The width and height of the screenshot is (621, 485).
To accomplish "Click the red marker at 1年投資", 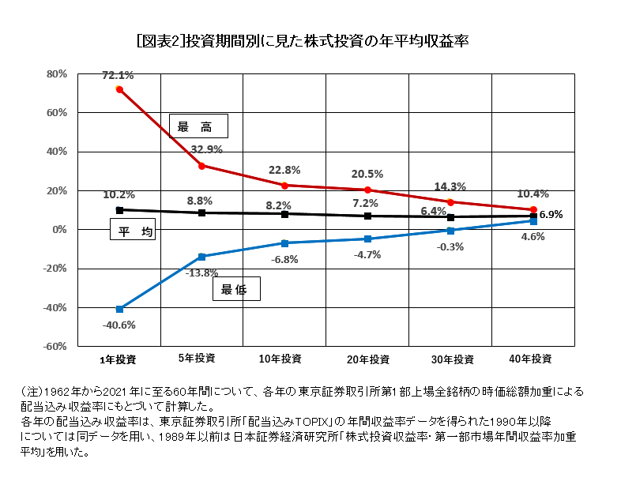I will (x=119, y=89).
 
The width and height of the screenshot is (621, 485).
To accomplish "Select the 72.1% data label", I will (x=118, y=76).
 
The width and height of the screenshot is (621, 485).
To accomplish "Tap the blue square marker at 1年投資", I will (x=119, y=309).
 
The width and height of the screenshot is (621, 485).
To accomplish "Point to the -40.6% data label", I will (x=119, y=325).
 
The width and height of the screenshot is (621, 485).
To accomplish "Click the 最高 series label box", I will (x=198, y=126).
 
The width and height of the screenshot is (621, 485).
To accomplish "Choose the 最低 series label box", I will (x=236, y=290).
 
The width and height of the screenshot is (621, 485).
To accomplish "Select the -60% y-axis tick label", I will (x=55, y=346).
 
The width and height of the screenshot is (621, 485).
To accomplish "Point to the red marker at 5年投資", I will (x=202, y=166).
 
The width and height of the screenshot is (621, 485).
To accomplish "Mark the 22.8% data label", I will (x=284, y=169).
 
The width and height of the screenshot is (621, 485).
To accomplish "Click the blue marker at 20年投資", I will (x=367, y=239).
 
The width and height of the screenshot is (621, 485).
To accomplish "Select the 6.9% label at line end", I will (x=551, y=214).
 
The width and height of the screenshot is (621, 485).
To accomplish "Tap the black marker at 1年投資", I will (x=119, y=210).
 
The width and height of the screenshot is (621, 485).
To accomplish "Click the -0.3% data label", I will (x=450, y=246).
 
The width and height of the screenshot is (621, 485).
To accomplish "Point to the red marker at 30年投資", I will (x=450, y=202).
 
